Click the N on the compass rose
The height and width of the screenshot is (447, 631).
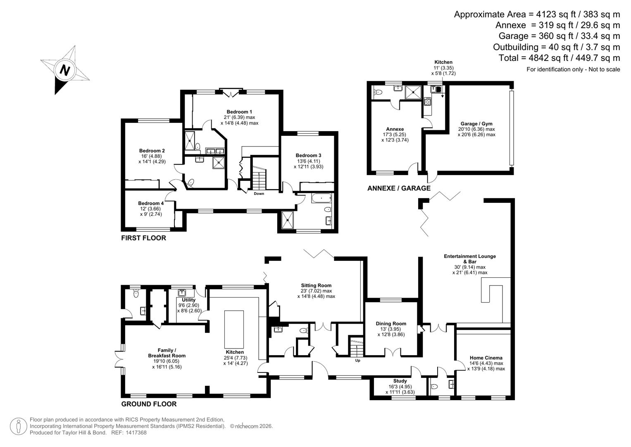coord(64,70)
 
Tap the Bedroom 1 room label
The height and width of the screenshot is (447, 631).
coord(239,112)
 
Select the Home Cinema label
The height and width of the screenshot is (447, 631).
coord(486,358)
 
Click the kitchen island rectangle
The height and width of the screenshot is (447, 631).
coord(234,329)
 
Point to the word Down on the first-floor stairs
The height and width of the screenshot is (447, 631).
coord(259,194)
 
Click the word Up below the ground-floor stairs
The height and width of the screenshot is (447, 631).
coord(358,360)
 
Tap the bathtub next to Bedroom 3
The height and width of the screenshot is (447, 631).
coord(321,199)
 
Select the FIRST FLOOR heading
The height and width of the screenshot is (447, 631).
coord(143,238)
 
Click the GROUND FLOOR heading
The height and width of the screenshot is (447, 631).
coord(149,404)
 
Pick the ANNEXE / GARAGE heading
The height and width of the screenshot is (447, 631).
coord(399,188)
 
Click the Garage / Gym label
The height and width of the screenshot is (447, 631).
coord(476,124)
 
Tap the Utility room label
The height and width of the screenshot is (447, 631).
coord(189,300)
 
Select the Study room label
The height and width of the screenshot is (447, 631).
coord(400,381)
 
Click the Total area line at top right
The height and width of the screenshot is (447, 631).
coord(559,58)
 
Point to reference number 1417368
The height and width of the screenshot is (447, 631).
coord(135,433)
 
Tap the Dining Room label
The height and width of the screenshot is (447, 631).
coord(391,324)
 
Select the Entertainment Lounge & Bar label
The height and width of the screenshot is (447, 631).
coord(470,259)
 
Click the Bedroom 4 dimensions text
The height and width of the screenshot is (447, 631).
coord(151,211)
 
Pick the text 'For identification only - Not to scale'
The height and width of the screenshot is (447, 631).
coord(573,70)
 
